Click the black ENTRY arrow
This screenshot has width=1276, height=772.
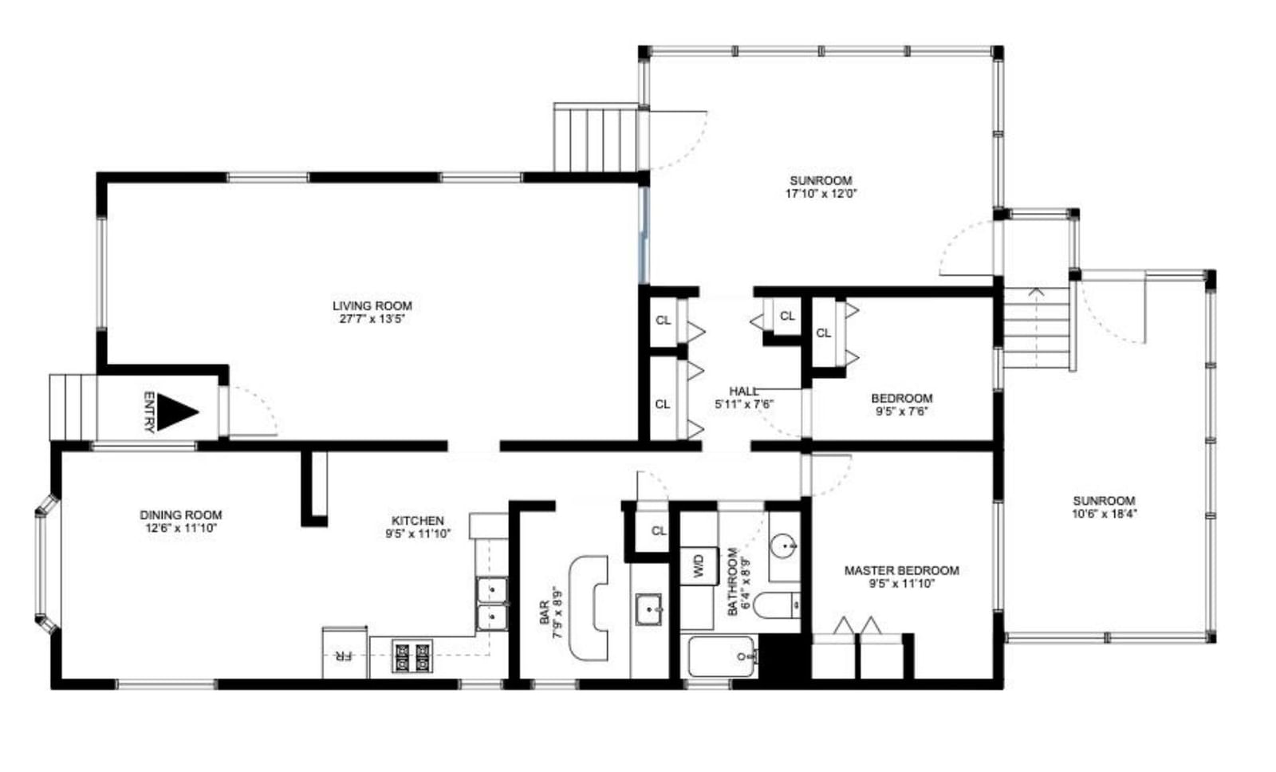tap(176, 412)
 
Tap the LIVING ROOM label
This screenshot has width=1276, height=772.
tap(372, 305)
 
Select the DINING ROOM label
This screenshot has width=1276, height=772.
tap(181, 515)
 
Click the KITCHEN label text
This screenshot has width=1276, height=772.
tap(417, 521)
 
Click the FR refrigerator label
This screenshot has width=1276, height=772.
tap(343, 656)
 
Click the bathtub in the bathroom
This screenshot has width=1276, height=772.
tap(722, 656)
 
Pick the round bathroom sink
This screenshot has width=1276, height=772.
tap(785, 546)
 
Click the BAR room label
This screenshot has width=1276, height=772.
tap(545, 612)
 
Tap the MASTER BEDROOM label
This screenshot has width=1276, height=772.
tap(901, 570)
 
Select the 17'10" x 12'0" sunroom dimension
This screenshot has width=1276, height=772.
tap(821, 193)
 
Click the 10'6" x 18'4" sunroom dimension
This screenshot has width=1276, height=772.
tap(1104, 514)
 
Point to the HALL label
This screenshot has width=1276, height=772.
tap(743, 392)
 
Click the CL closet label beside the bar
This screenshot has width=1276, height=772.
tap(659, 530)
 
